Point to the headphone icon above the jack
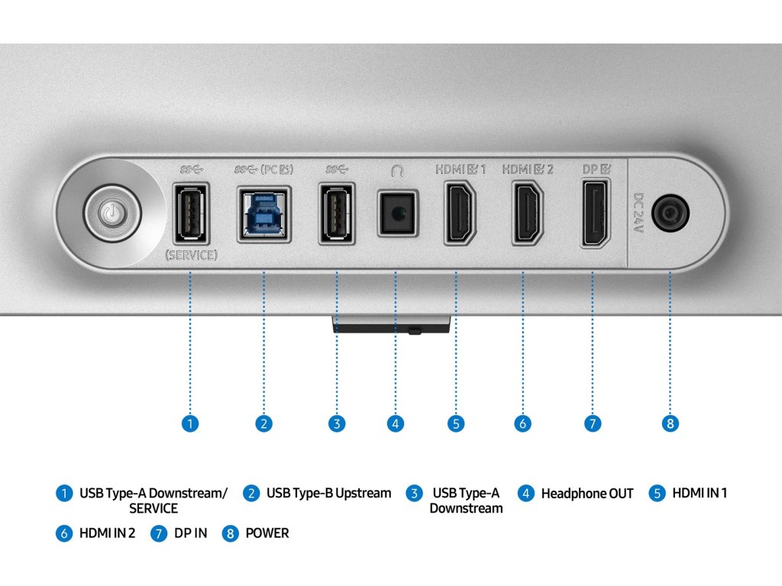396,171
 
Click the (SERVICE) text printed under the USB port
191,256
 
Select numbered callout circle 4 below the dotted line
395,423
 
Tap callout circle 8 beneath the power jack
670,423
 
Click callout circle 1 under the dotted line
190,423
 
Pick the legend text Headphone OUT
586,494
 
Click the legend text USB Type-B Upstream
328,494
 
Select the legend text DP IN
190,533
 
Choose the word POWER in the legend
267,533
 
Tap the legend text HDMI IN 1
700,494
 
